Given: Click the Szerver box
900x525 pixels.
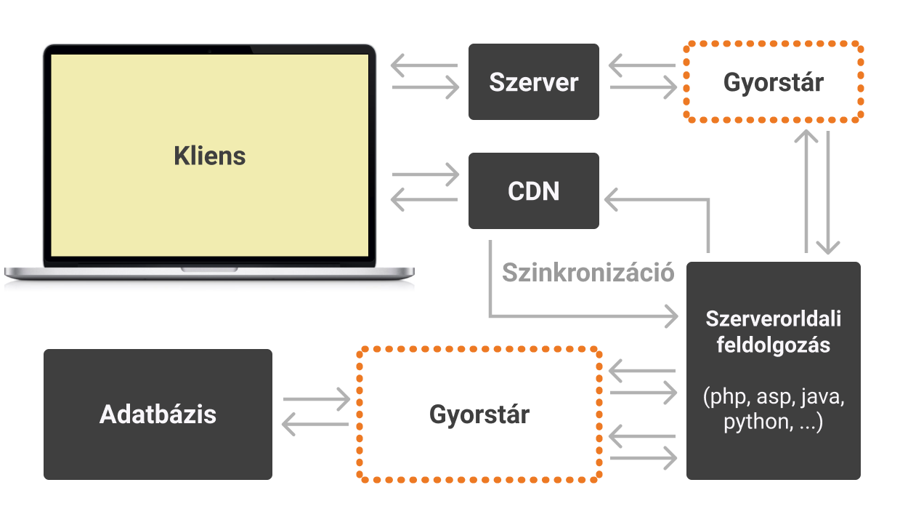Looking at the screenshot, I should [533, 81].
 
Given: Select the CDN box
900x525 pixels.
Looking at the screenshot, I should [533, 191].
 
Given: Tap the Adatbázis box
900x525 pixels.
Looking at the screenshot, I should [158, 414].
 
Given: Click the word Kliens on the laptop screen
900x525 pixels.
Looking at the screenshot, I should [210, 156].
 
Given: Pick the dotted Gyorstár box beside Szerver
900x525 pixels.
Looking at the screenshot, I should [773, 81].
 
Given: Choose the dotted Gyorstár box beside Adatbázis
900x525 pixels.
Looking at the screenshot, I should [479, 414].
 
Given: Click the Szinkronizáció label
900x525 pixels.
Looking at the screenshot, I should [588, 273].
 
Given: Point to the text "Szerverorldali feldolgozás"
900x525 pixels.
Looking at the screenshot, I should [773, 332].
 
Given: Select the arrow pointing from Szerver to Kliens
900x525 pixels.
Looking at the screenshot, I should [424, 66].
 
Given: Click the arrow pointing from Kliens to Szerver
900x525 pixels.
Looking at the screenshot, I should [426, 88].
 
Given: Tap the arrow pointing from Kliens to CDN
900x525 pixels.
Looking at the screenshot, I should [426, 175].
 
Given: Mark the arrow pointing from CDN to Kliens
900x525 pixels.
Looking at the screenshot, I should [424, 199].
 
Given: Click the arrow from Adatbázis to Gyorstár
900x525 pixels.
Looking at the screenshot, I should [317, 398].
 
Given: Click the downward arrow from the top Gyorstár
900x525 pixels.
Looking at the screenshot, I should [829, 192].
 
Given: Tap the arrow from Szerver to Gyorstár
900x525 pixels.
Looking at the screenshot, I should [644, 88].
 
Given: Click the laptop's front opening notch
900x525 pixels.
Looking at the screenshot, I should [209, 269].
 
